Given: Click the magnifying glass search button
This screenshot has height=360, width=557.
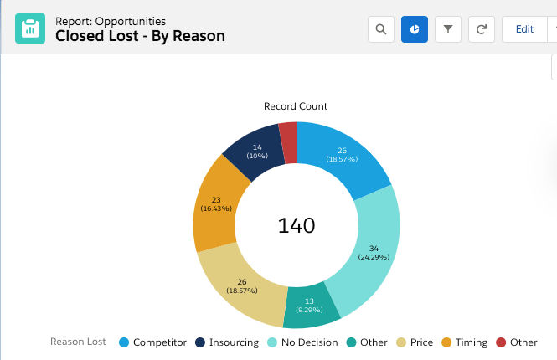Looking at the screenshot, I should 381,29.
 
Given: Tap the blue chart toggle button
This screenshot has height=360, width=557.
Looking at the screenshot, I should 415,29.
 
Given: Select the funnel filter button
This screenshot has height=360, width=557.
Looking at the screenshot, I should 448,29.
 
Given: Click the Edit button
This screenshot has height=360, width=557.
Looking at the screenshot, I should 524,29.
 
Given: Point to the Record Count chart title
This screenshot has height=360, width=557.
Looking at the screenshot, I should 296,106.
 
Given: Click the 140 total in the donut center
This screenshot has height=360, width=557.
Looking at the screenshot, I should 297,225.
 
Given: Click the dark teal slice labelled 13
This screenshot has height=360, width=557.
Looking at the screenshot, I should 309,306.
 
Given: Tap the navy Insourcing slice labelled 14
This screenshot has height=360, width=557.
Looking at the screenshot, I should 256,152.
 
